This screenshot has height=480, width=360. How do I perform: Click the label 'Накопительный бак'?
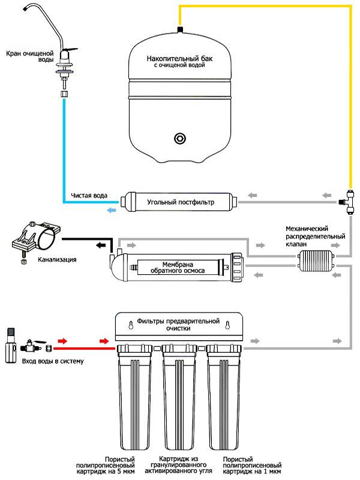click(180, 59)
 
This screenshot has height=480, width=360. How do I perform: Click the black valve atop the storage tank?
click(180, 28)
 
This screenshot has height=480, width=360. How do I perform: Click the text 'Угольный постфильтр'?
click(181, 203)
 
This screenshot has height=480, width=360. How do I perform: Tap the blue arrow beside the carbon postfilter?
click(112, 209)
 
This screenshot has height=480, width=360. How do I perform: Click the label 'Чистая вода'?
click(89, 196)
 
